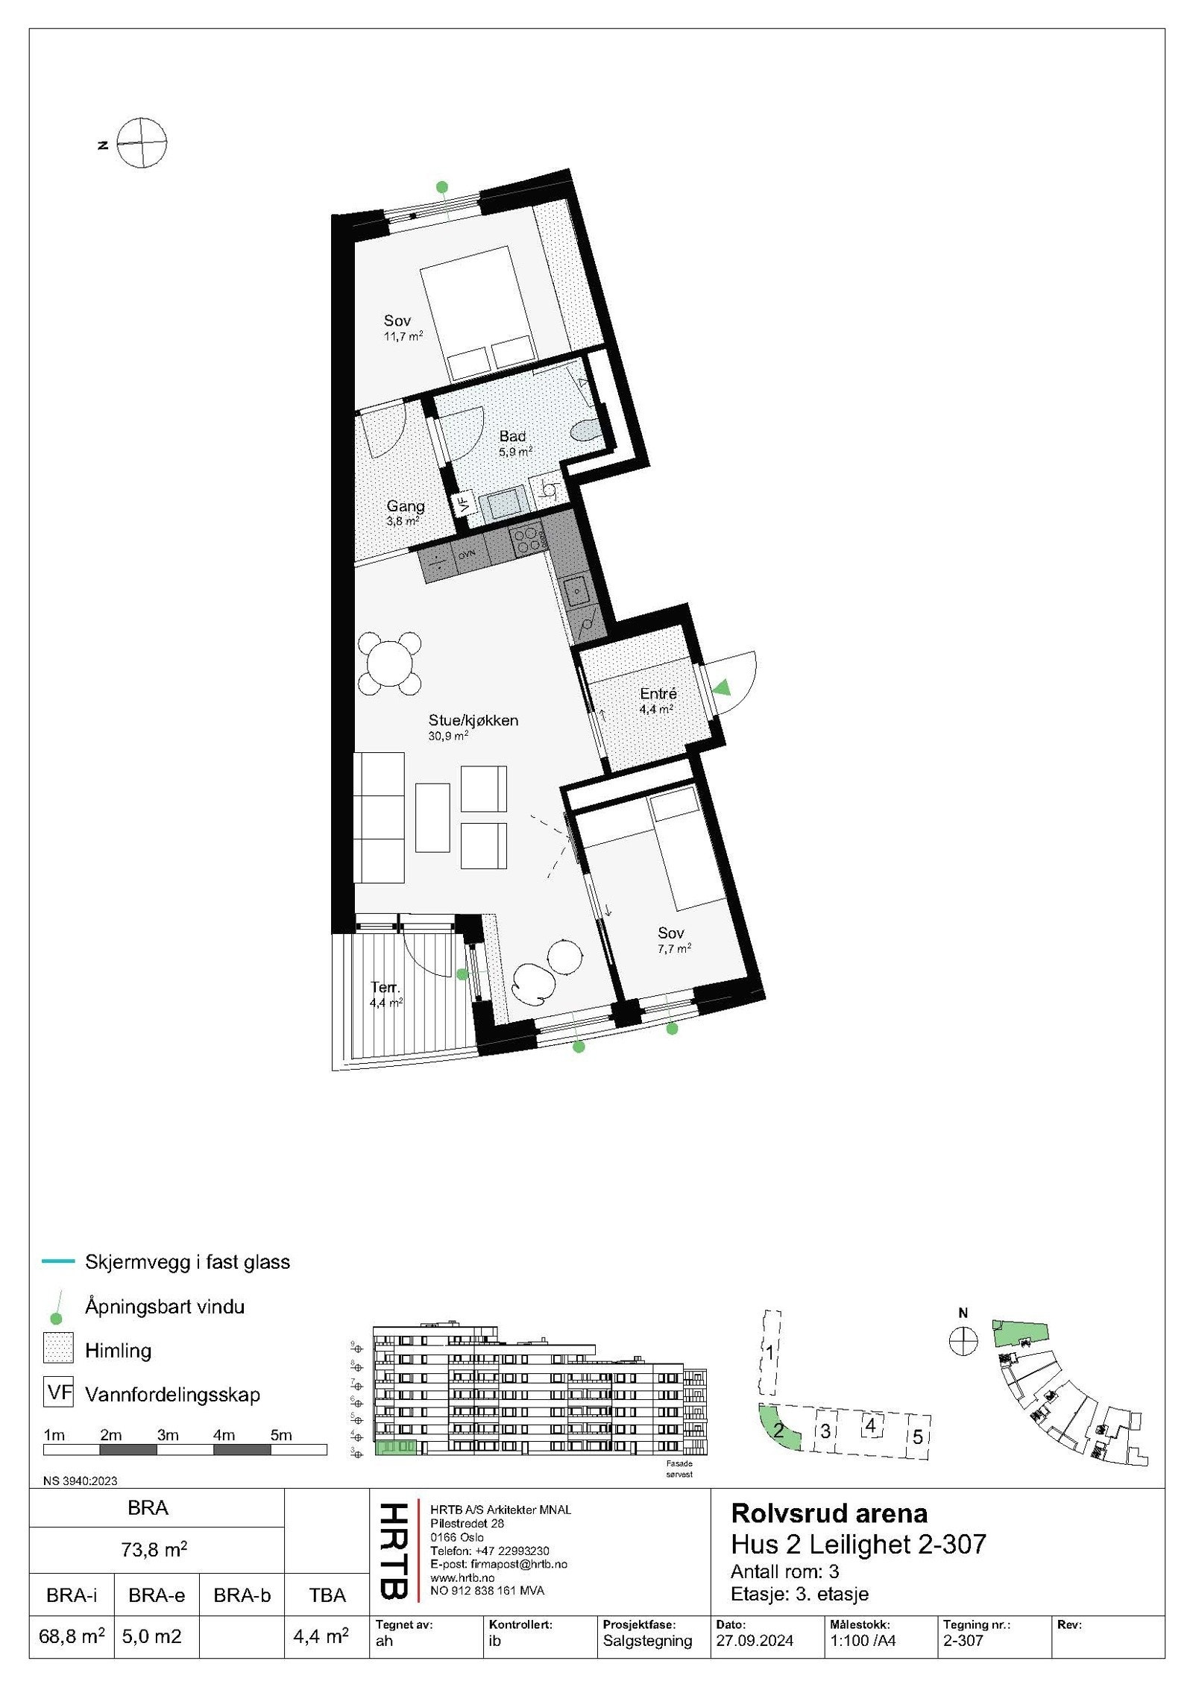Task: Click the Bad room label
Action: click(512, 437)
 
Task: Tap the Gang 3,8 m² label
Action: click(405, 512)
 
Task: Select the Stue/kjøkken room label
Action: click(473, 720)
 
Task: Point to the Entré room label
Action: click(658, 694)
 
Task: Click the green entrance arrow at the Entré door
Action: click(721, 687)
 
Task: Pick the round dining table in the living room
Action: click(389, 663)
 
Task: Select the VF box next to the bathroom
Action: click(464, 502)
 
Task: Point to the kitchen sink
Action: click(576, 591)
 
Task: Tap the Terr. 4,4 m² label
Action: click(385, 994)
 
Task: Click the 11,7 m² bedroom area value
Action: click(403, 336)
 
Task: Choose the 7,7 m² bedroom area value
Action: click(674, 948)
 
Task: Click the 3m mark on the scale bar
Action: click(167, 1434)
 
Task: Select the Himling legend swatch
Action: click(58, 1350)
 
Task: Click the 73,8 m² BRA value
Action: click(154, 1549)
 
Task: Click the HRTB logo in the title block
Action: click(394, 1551)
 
